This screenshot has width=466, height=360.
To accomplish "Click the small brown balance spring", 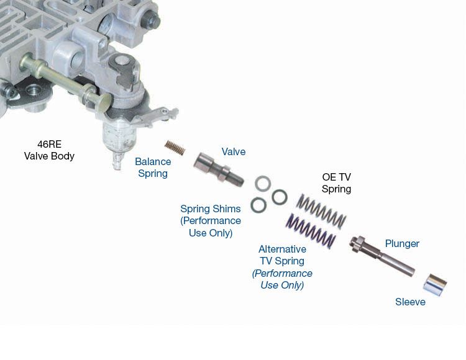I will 175,148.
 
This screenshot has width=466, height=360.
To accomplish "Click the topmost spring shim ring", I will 263,183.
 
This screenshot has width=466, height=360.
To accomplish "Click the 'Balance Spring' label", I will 153,168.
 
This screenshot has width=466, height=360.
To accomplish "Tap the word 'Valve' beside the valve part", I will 234,152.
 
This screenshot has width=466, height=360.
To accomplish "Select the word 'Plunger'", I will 402,243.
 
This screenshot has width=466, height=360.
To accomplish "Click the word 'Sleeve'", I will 410,302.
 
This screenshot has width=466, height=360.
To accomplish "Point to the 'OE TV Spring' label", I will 336,183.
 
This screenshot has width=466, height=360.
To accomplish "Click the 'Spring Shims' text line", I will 211,209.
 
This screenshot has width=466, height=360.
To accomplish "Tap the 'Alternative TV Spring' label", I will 282,255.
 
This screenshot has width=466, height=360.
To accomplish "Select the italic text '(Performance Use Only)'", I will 282,279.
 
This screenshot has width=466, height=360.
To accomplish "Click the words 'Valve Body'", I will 49,156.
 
